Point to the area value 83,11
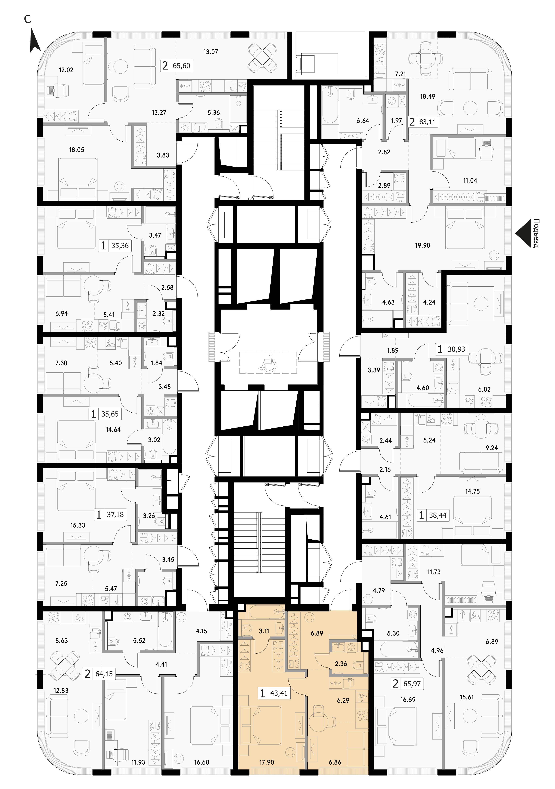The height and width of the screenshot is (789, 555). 427,122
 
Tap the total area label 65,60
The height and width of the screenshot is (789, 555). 181,66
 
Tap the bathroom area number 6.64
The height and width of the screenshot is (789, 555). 363,121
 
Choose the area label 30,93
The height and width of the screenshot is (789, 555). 456,349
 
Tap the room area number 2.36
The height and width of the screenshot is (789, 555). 341,664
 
